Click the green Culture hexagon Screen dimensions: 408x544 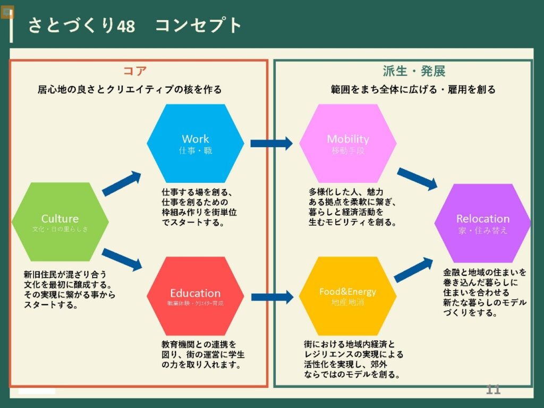click(x=60, y=222)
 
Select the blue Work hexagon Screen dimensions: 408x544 click(x=195, y=143)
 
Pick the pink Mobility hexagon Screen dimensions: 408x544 click(x=348, y=143)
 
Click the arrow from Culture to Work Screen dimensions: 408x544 click(x=122, y=184)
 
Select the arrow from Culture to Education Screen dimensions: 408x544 click(x=122, y=259)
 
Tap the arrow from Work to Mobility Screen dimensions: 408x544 click(x=271, y=143)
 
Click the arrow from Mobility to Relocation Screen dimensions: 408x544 click(x=417, y=178)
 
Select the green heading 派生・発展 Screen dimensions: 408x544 click(x=414, y=71)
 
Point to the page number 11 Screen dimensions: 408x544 click(x=494, y=390)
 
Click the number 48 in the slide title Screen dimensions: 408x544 click(x=125, y=25)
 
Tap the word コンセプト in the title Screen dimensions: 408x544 click(x=199, y=25)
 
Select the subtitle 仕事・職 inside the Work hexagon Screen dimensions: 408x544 click(x=195, y=151)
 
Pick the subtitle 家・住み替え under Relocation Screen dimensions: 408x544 click(x=483, y=231)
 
